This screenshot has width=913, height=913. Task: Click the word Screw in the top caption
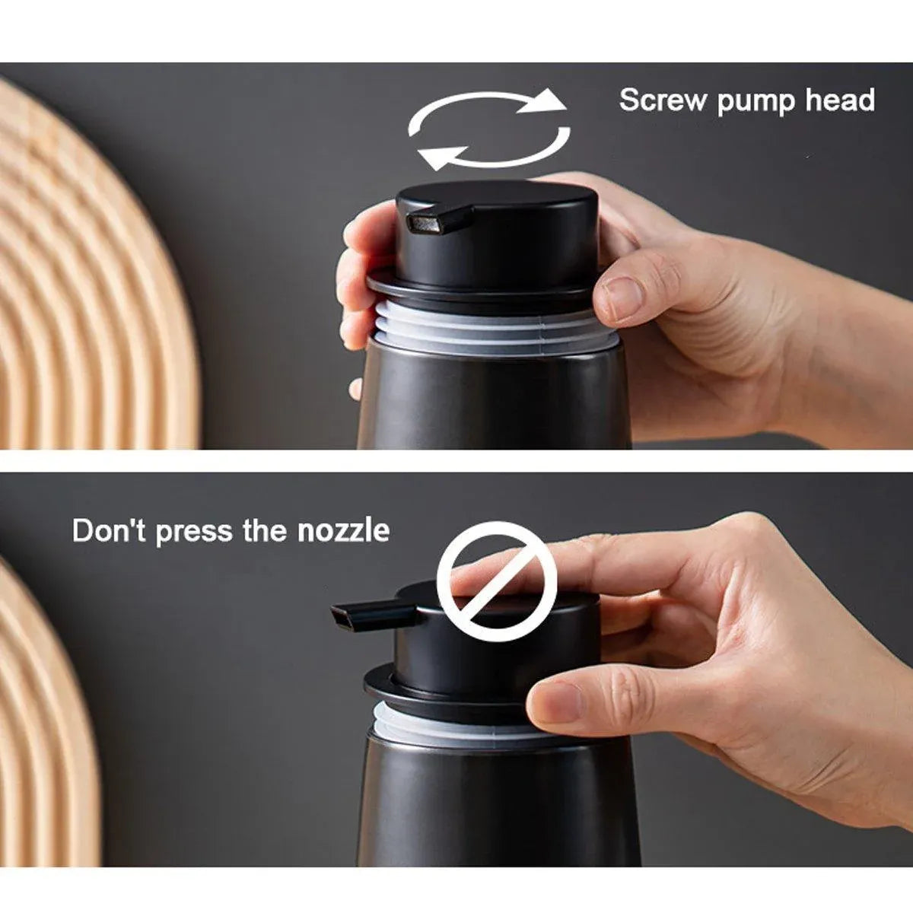pyautogui.click(x=663, y=100)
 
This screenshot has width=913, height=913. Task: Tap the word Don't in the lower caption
pyautogui.click(x=109, y=530)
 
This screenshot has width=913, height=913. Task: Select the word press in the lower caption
pyautogui.click(x=194, y=533)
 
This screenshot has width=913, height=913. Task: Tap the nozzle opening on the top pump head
pyautogui.click(x=425, y=223)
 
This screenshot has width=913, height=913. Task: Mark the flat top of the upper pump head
pyautogui.click(x=497, y=193)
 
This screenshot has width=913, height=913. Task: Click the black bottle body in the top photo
pyautogui.click(x=493, y=398)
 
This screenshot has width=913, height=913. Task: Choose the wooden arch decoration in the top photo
pyautogui.click(x=95, y=266)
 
